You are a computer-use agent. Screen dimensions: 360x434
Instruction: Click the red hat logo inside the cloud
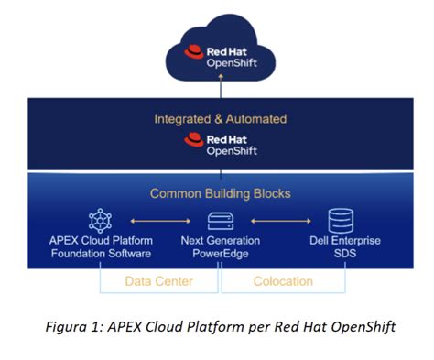tap(193, 51)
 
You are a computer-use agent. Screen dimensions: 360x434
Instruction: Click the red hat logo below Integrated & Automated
tap(193, 140)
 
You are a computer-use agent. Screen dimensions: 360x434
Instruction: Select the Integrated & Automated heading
tap(220, 118)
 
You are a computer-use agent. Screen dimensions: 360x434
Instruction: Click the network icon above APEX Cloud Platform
tap(99, 220)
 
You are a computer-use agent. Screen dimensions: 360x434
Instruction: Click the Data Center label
tap(158, 280)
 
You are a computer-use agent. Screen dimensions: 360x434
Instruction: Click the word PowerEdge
tap(220, 253)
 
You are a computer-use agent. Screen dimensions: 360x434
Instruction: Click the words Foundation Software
tap(100, 253)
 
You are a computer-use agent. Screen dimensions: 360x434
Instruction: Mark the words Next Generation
tap(220, 240)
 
